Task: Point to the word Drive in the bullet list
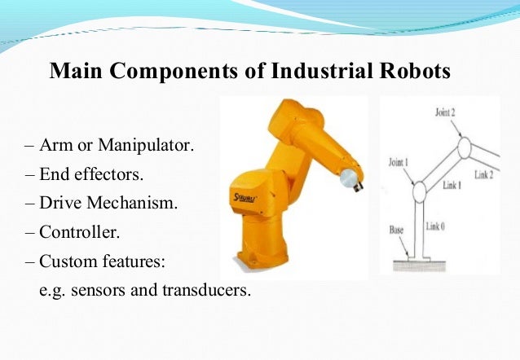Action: coord(61,203)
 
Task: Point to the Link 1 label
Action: coord(452,185)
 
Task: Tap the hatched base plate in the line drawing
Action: coord(421,265)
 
